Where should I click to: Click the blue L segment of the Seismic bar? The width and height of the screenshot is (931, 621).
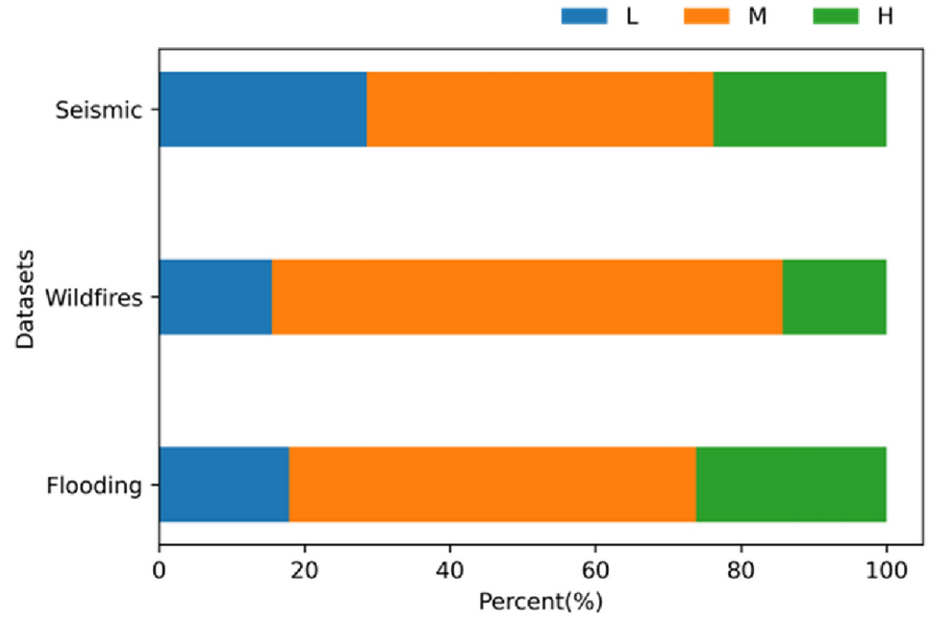coord(263,109)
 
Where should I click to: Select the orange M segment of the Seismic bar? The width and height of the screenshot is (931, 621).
coord(540,109)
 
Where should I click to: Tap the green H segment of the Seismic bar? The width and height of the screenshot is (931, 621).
coord(799,109)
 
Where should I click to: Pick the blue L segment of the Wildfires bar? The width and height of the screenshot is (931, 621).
coord(215,297)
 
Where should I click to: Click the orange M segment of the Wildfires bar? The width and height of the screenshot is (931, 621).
coord(527,297)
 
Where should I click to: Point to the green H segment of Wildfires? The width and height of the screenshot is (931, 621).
coord(834,297)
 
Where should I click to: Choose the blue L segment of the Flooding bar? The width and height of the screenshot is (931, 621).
coord(224,484)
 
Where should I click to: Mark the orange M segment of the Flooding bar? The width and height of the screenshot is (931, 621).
coord(492,484)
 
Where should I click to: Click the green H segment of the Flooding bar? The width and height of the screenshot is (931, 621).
coord(791,484)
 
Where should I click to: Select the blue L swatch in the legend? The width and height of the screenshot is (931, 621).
coord(585,16)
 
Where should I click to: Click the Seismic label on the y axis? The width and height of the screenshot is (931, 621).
coord(98,110)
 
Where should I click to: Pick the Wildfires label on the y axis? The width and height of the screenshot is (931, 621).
coord(93,297)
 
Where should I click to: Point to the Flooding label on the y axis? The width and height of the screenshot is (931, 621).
coord(94,485)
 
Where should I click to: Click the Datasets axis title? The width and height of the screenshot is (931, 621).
coord(26,297)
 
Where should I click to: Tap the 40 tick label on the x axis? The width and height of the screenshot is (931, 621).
coord(450,572)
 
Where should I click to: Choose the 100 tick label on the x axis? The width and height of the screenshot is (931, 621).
coord(886,572)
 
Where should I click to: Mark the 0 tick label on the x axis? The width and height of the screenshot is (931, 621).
coord(160,572)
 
